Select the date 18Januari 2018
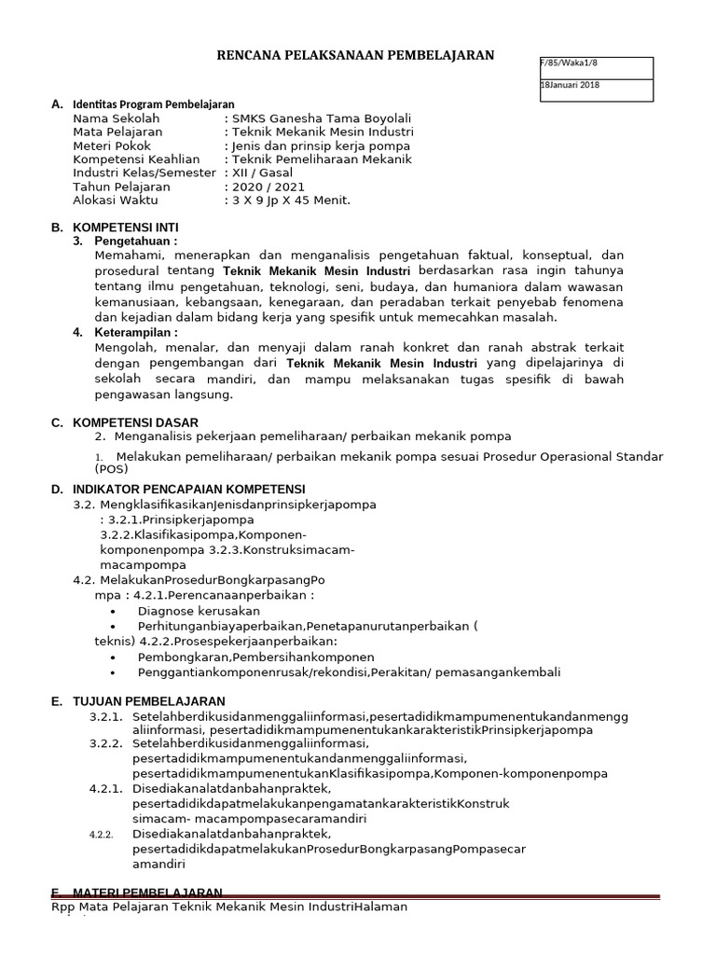pyautogui.click(x=571, y=85)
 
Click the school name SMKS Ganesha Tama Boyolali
pyautogui.click(x=321, y=119)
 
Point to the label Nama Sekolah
pyautogui.click(x=117, y=119)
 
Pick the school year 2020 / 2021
pyautogui.click(x=268, y=187)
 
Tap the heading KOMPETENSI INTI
pyautogui.click(x=126, y=228)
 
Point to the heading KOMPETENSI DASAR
pyautogui.click(x=136, y=422)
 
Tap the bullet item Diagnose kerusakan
pyautogui.click(x=199, y=611)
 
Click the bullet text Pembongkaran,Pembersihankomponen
pyautogui.click(x=255, y=657)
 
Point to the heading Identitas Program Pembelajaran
pyautogui.click(x=154, y=104)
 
